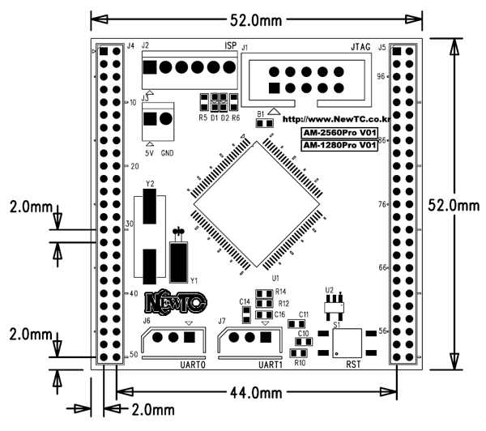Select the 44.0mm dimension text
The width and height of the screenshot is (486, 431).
[x=254, y=392]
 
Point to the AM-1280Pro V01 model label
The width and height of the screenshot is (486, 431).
[x=339, y=146]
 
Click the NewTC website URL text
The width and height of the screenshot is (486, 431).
[x=330, y=118]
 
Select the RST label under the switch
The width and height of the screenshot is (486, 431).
[x=353, y=365]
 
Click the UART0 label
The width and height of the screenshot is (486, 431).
[x=194, y=365]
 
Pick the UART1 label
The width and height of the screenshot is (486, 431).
[x=271, y=365]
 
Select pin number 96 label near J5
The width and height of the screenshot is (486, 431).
[x=381, y=76]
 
